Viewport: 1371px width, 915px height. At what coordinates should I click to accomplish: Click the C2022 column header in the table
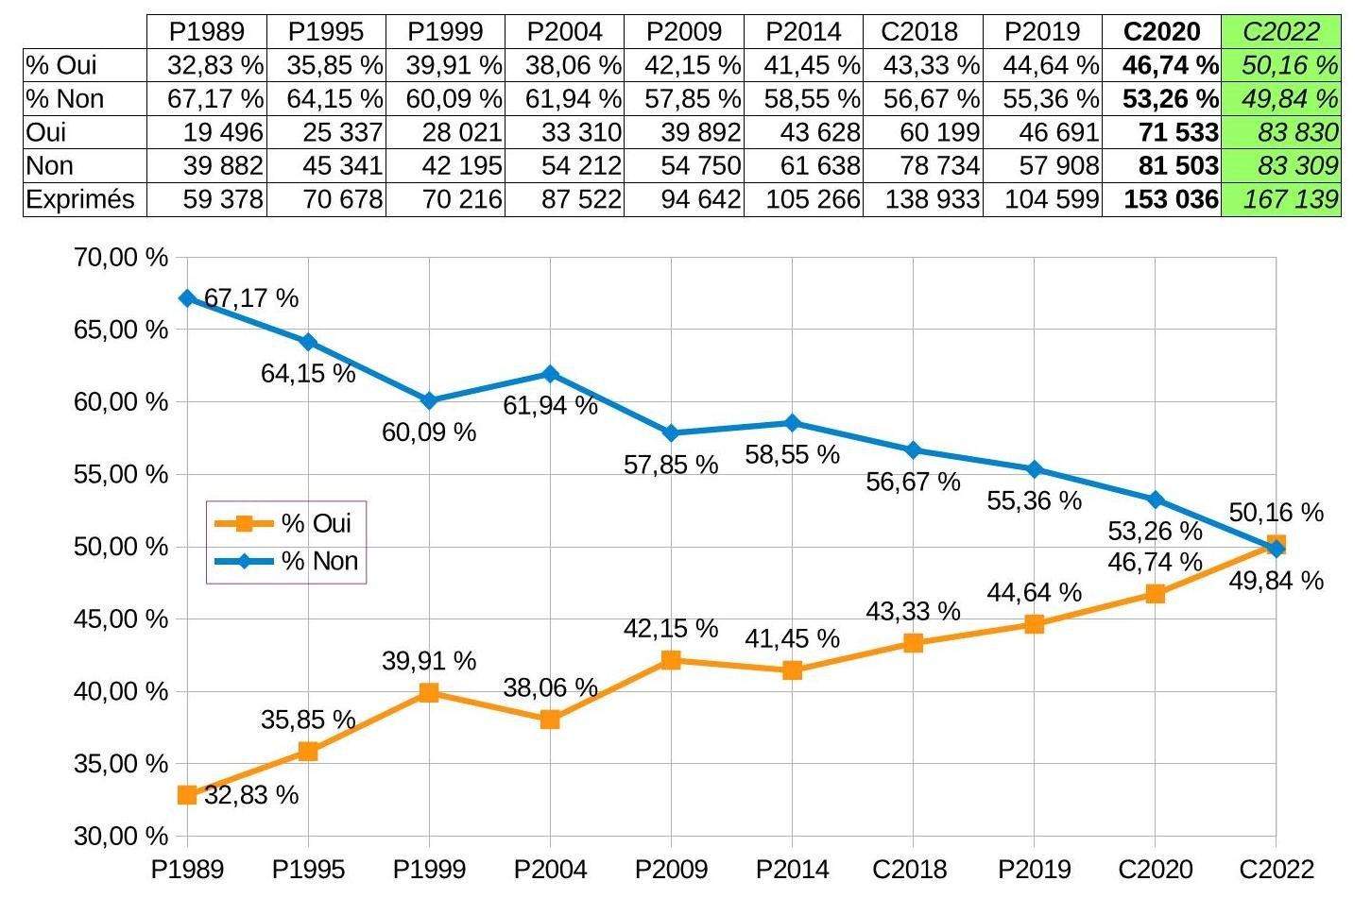pyautogui.click(x=1280, y=31)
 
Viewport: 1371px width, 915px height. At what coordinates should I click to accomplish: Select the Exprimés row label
pyautogui.click(x=80, y=199)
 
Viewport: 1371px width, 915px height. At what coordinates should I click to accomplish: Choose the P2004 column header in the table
pyautogui.click(x=564, y=31)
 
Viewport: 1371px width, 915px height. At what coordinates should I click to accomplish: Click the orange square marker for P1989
pyautogui.click(x=187, y=795)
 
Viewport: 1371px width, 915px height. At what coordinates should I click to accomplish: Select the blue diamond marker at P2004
pyautogui.click(x=550, y=374)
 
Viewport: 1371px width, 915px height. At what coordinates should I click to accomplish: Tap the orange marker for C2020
pyautogui.click(x=1155, y=594)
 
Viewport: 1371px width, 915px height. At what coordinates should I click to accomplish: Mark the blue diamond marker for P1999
pyautogui.click(x=429, y=401)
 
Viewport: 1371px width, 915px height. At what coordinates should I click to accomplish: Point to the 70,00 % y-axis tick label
pyautogui.click(x=120, y=257)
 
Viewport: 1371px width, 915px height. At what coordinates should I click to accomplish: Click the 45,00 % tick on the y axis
pyautogui.click(x=120, y=619)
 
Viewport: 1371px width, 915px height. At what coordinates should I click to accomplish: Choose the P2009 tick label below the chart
pyautogui.click(x=671, y=869)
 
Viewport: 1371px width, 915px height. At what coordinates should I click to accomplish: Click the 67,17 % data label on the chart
pyautogui.click(x=251, y=298)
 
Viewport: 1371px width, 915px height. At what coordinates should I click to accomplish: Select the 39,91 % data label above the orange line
pyautogui.click(x=429, y=661)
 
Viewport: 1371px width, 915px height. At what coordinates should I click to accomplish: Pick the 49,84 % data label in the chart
pyautogui.click(x=1276, y=581)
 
